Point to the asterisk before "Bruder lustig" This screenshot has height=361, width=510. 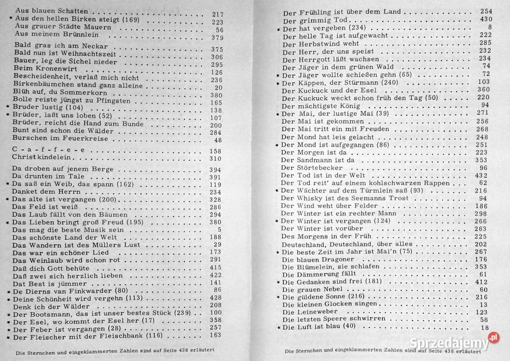tap(7, 107)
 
